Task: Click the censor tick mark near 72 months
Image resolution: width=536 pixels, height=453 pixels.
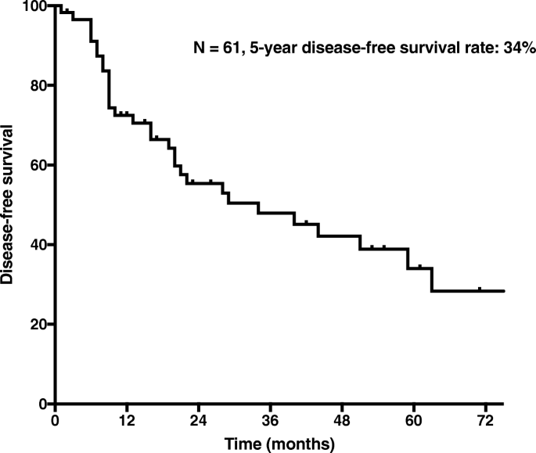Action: pyautogui.click(x=479, y=289)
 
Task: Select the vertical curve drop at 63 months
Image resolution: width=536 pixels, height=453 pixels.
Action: pyautogui.click(x=432, y=279)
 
